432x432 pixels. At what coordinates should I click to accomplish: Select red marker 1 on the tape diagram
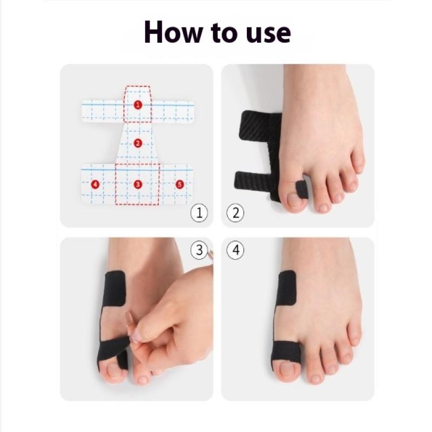[x=138, y=105]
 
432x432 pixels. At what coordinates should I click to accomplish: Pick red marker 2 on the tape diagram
[x=138, y=143]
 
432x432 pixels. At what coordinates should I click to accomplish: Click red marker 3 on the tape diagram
[x=138, y=184]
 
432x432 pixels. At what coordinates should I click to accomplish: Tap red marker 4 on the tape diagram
[x=95, y=184]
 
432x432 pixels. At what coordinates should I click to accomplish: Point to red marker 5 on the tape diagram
[x=180, y=184]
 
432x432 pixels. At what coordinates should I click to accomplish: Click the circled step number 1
[x=199, y=213]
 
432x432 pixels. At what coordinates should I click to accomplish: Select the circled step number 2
[x=235, y=213]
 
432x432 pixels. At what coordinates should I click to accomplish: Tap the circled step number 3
[x=199, y=250]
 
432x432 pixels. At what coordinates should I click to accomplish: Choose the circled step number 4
[x=235, y=250]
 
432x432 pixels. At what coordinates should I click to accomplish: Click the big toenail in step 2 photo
[x=294, y=200]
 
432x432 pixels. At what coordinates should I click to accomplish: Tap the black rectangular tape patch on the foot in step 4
[x=287, y=288]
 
